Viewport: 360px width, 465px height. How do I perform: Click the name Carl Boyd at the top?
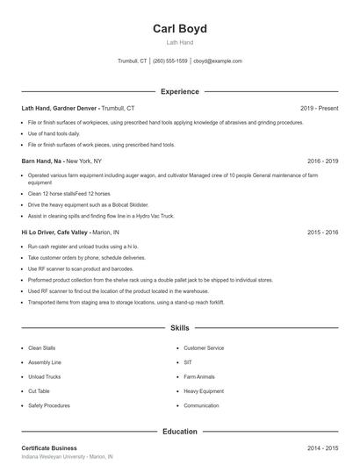tap(179, 29)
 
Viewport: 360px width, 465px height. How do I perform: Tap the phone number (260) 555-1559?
tap(170, 61)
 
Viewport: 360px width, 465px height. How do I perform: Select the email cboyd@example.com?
tap(218, 61)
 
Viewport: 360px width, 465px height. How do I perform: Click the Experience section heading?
tap(180, 91)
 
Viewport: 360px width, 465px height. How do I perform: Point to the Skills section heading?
tap(180, 328)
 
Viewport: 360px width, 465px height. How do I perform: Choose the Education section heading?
tap(180, 432)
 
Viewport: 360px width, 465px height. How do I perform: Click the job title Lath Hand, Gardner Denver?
tap(60, 108)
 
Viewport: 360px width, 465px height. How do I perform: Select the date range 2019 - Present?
tap(319, 108)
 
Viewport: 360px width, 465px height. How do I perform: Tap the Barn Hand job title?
tap(41, 161)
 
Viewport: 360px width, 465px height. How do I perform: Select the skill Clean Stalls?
tap(41, 348)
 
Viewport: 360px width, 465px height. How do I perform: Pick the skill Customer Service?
tap(204, 348)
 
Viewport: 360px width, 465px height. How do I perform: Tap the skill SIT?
tap(188, 362)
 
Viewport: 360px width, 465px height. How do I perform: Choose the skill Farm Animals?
tap(199, 376)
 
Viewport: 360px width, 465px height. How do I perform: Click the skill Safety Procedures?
tap(49, 405)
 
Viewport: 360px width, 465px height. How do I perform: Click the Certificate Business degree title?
tap(49, 448)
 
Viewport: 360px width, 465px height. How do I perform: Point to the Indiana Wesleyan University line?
tap(67, 457)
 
